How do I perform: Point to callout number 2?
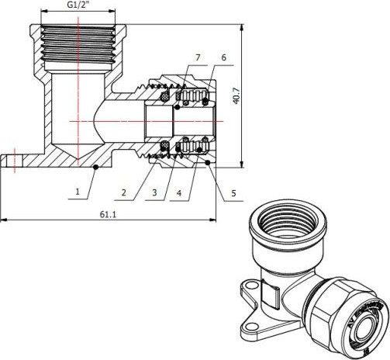coord(123,191)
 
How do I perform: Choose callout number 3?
coord(155,191)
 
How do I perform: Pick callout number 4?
coord(180,191)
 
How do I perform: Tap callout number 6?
coord(223,58)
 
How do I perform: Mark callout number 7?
coord(198,58)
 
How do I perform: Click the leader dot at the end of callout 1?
coord(95,167)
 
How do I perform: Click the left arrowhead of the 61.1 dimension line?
coord(3,220)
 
